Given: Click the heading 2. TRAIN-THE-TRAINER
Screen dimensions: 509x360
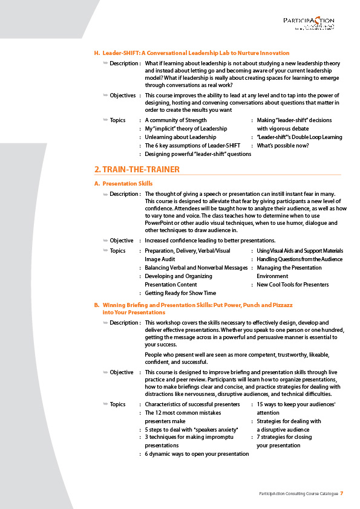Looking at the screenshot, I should (137, 169).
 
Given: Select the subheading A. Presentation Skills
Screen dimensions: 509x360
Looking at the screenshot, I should (127, 183).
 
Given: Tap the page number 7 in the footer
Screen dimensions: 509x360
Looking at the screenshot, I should (342, 494).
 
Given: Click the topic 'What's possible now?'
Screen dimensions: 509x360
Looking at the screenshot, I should (283, 146).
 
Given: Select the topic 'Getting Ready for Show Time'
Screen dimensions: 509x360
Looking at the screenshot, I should (180, 293).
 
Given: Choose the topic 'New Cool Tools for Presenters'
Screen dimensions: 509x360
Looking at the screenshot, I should (293, 285).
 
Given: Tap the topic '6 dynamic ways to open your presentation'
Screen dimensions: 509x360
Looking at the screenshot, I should (197, 454).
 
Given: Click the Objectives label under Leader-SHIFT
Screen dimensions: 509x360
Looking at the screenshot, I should (123, 96).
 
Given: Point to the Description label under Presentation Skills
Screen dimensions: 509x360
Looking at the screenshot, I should (124, 194).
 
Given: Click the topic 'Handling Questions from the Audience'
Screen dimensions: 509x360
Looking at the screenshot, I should (299, 259).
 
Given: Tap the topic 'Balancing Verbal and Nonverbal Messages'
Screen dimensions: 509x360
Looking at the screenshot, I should (196, 268).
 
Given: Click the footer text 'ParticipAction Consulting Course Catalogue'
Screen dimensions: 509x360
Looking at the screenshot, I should (295, 494).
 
